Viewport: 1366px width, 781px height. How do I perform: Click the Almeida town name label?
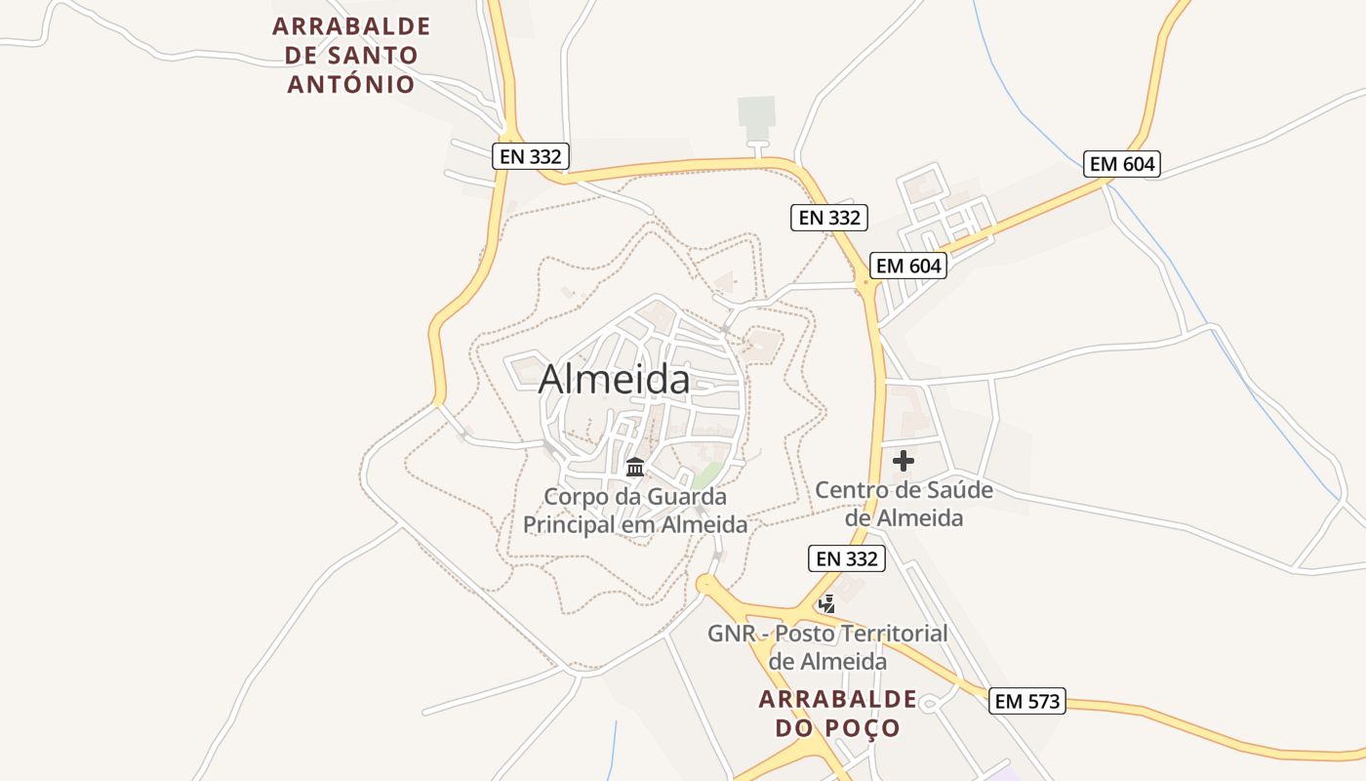(614, 379)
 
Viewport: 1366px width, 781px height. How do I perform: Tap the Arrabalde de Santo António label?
(351, 55)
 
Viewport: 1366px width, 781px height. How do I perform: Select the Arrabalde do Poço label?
(837, 714)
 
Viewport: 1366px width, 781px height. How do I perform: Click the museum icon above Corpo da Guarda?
(635, 467)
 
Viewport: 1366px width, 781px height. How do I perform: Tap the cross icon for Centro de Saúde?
(904, 461)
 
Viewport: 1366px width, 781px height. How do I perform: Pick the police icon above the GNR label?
(827, 603)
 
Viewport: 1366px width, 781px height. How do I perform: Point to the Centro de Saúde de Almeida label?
(904, 504)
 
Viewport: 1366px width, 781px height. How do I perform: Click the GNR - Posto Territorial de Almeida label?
(827, 647)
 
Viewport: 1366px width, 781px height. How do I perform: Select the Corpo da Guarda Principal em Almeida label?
(635, 511)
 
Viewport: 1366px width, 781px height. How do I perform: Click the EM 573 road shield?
(1026, 701)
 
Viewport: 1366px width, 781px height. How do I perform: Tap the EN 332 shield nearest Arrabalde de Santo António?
(530, 156)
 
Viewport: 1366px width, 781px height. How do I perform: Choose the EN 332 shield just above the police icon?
(847, 559)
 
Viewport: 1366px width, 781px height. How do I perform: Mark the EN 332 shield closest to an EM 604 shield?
(828, 218)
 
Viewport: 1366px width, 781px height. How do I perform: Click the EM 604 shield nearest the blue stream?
(1122, 164)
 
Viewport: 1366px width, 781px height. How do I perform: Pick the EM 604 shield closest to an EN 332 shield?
(908, 266)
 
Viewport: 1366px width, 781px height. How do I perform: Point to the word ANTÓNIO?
(351, 84)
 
